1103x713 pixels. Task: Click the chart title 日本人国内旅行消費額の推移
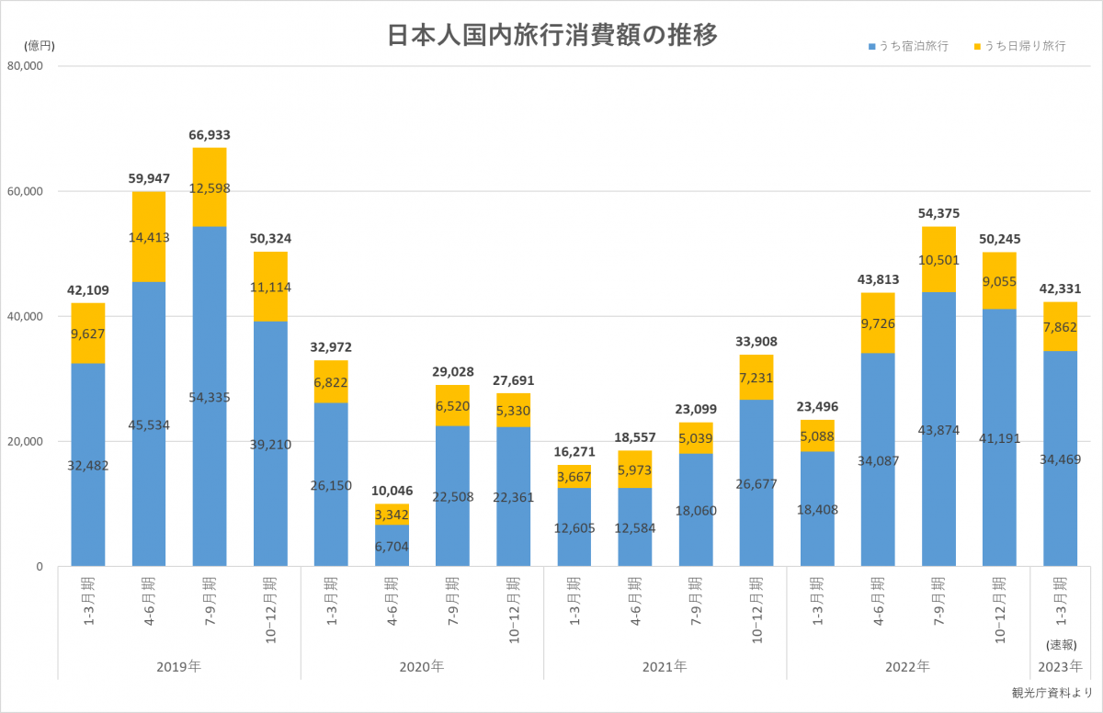tap(551, 34)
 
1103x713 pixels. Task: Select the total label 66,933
tap(210, 135)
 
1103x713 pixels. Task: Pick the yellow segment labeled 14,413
tap(149, 237)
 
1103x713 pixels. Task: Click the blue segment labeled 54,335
tap(210, 397)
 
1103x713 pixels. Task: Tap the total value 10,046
tap(392, 491)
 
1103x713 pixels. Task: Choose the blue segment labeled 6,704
tap(392, 545)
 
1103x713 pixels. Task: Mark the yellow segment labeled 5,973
tap(634, 470)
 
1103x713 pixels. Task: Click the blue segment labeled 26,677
tap(756, 482)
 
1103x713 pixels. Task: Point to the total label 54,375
tap(938, 213)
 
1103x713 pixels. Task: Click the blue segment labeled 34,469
tap(1060, 459)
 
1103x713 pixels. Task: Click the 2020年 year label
tap(422, 665)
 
